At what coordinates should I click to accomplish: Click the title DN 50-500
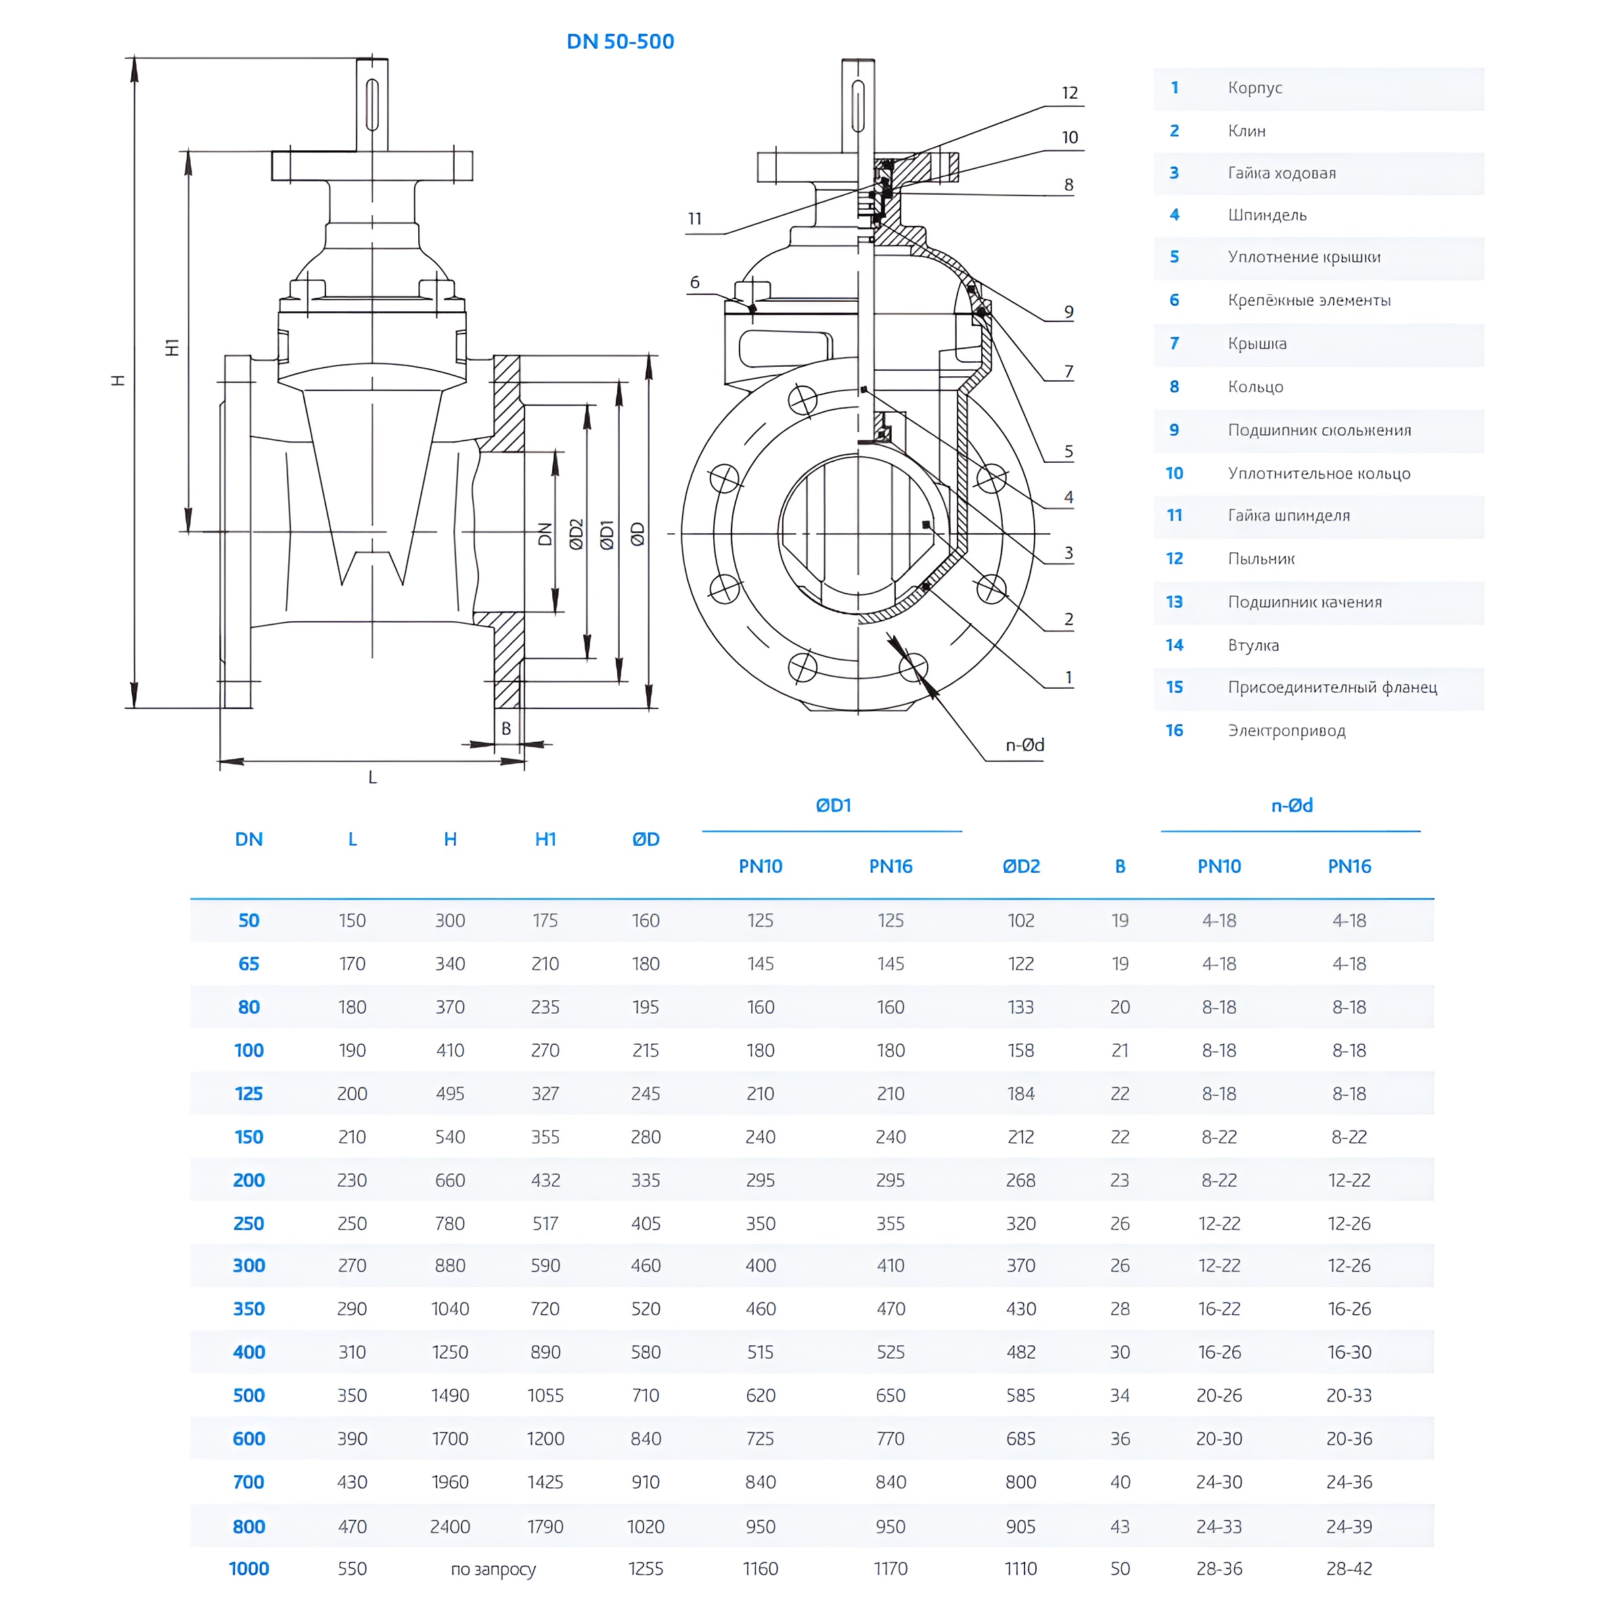point(620,41)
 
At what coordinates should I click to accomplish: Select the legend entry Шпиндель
point(1267,215)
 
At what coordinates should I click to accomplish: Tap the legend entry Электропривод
point(1286,731)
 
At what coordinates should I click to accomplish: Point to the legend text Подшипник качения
point(1305,602)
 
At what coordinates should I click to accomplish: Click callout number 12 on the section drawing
point(1069,93)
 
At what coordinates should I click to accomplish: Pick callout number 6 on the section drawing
point(694,282)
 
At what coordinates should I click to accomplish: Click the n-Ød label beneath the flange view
point(1024,745)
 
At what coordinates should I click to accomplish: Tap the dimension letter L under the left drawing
point(372,777)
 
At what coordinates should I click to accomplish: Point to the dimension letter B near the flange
point(506,729)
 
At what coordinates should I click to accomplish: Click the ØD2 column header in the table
point(1020,866)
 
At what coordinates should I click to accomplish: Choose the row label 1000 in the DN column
point(249,1569)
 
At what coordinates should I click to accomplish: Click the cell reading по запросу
point(493,1569)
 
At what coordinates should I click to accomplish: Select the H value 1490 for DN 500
point(450,1395)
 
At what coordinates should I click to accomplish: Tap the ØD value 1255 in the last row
point(646,1569)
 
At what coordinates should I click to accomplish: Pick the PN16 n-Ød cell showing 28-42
point(1349,1569)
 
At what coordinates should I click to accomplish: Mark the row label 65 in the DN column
point(249,964)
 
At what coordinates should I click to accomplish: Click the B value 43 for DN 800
point(1120,1527)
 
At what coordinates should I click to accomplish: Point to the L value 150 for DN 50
point(352,920)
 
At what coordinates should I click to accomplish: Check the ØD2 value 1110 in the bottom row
point(1020,1569)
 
